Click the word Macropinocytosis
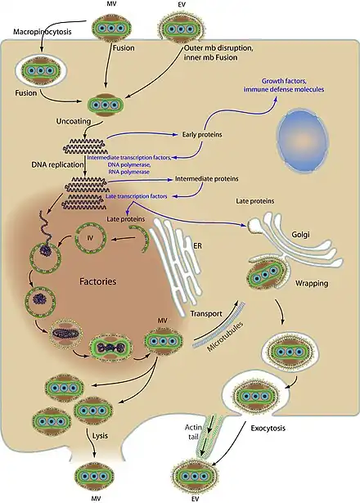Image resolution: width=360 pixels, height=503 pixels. tap(43, 31)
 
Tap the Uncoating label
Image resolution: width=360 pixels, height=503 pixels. tap(74, 121)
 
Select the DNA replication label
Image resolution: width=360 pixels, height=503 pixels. tap(57, 164)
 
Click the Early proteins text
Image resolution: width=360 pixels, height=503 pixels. tap(202, 134)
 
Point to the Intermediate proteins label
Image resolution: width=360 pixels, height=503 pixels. tap(207, 178)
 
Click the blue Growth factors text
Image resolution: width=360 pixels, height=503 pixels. tap(284, 81)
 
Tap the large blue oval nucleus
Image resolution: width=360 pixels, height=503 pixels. tap(303, 140)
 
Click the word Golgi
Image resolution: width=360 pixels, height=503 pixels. tap(300, 235)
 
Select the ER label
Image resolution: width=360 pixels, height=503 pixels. tap(198, 245)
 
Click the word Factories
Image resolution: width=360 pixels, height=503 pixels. tap(98, 281)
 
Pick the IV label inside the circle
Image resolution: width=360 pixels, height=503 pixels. tap(89, 238)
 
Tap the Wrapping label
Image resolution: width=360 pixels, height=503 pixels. tap(312, 283)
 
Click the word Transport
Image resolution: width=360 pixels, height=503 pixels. tap(206, 313)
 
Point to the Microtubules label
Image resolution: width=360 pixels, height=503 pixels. tap(226, 336)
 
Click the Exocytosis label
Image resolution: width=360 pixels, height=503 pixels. tap(268, 428)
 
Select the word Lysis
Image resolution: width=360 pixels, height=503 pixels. tap(100, 436)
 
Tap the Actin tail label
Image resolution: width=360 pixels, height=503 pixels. tap(193, 432)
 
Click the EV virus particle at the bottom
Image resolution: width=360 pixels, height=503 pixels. tap(195, 476)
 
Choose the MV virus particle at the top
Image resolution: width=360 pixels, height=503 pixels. tap(111, 29)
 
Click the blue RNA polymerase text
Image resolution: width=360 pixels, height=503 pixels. tap(129, 172)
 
